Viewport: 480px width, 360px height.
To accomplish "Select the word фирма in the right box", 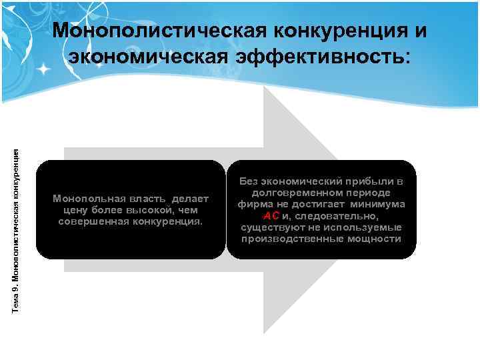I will pos(253,204).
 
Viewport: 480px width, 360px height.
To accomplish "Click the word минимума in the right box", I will pos(379,204).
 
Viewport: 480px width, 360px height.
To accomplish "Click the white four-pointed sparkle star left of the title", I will pos(44,69).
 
